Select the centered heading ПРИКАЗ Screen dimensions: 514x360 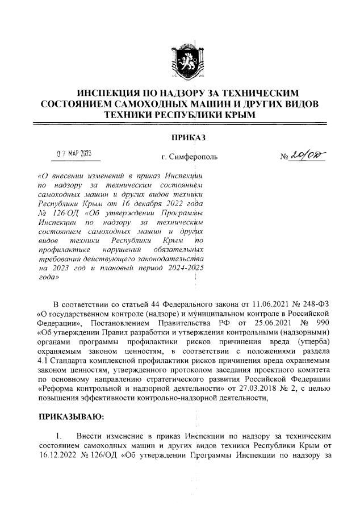tap(180, 136)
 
